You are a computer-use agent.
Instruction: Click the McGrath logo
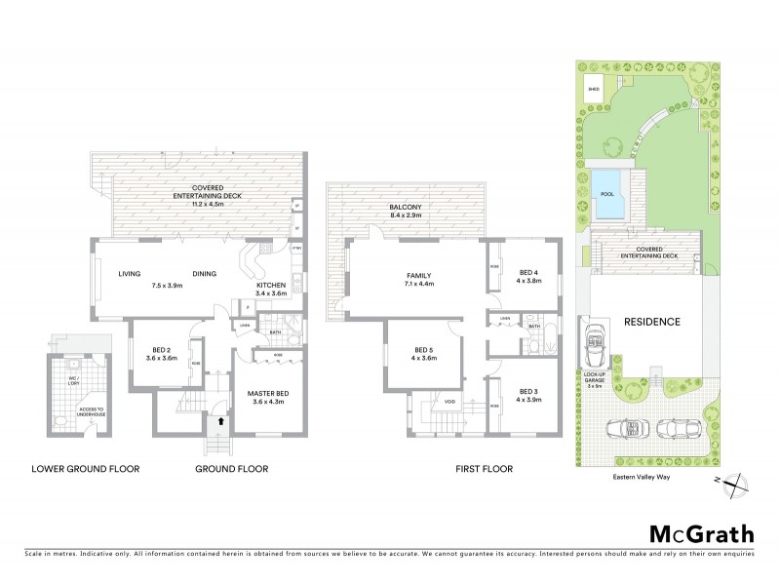tap(702, 533)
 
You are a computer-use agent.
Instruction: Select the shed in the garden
tap(594, 89)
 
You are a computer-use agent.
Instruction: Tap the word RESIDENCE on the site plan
tap(651, 322)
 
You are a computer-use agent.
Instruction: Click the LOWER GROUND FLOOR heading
tap(86, 469)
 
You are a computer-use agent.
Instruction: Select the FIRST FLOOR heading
tap(485, 469)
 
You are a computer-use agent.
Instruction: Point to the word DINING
tap(205, 274)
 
